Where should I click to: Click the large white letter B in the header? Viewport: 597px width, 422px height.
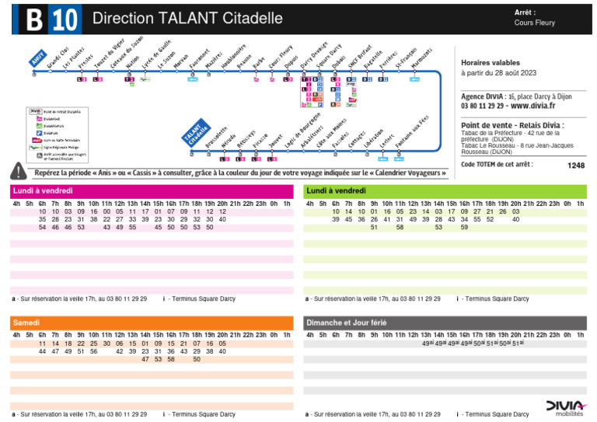click(x=33, y=19)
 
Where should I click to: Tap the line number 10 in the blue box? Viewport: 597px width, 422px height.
click(x=65, y=19)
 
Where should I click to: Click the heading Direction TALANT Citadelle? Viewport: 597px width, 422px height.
click(x=187, y=18)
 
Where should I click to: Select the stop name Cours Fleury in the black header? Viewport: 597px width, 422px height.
click(x=535, y=23)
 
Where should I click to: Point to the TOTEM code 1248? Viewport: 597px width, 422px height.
click(x=575, y=165)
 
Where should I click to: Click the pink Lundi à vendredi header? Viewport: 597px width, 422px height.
click(x=42, y=190)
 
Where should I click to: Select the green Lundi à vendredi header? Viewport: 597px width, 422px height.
click(x=336, y=190)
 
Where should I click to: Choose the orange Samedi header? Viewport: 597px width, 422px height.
click(x=26, y=322)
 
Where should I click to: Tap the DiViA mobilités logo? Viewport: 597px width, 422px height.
click(x=564, y=407)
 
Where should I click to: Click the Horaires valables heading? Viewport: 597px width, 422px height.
click(x=488, y=62)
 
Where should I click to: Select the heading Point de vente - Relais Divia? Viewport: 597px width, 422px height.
click(x=512, y=125)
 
